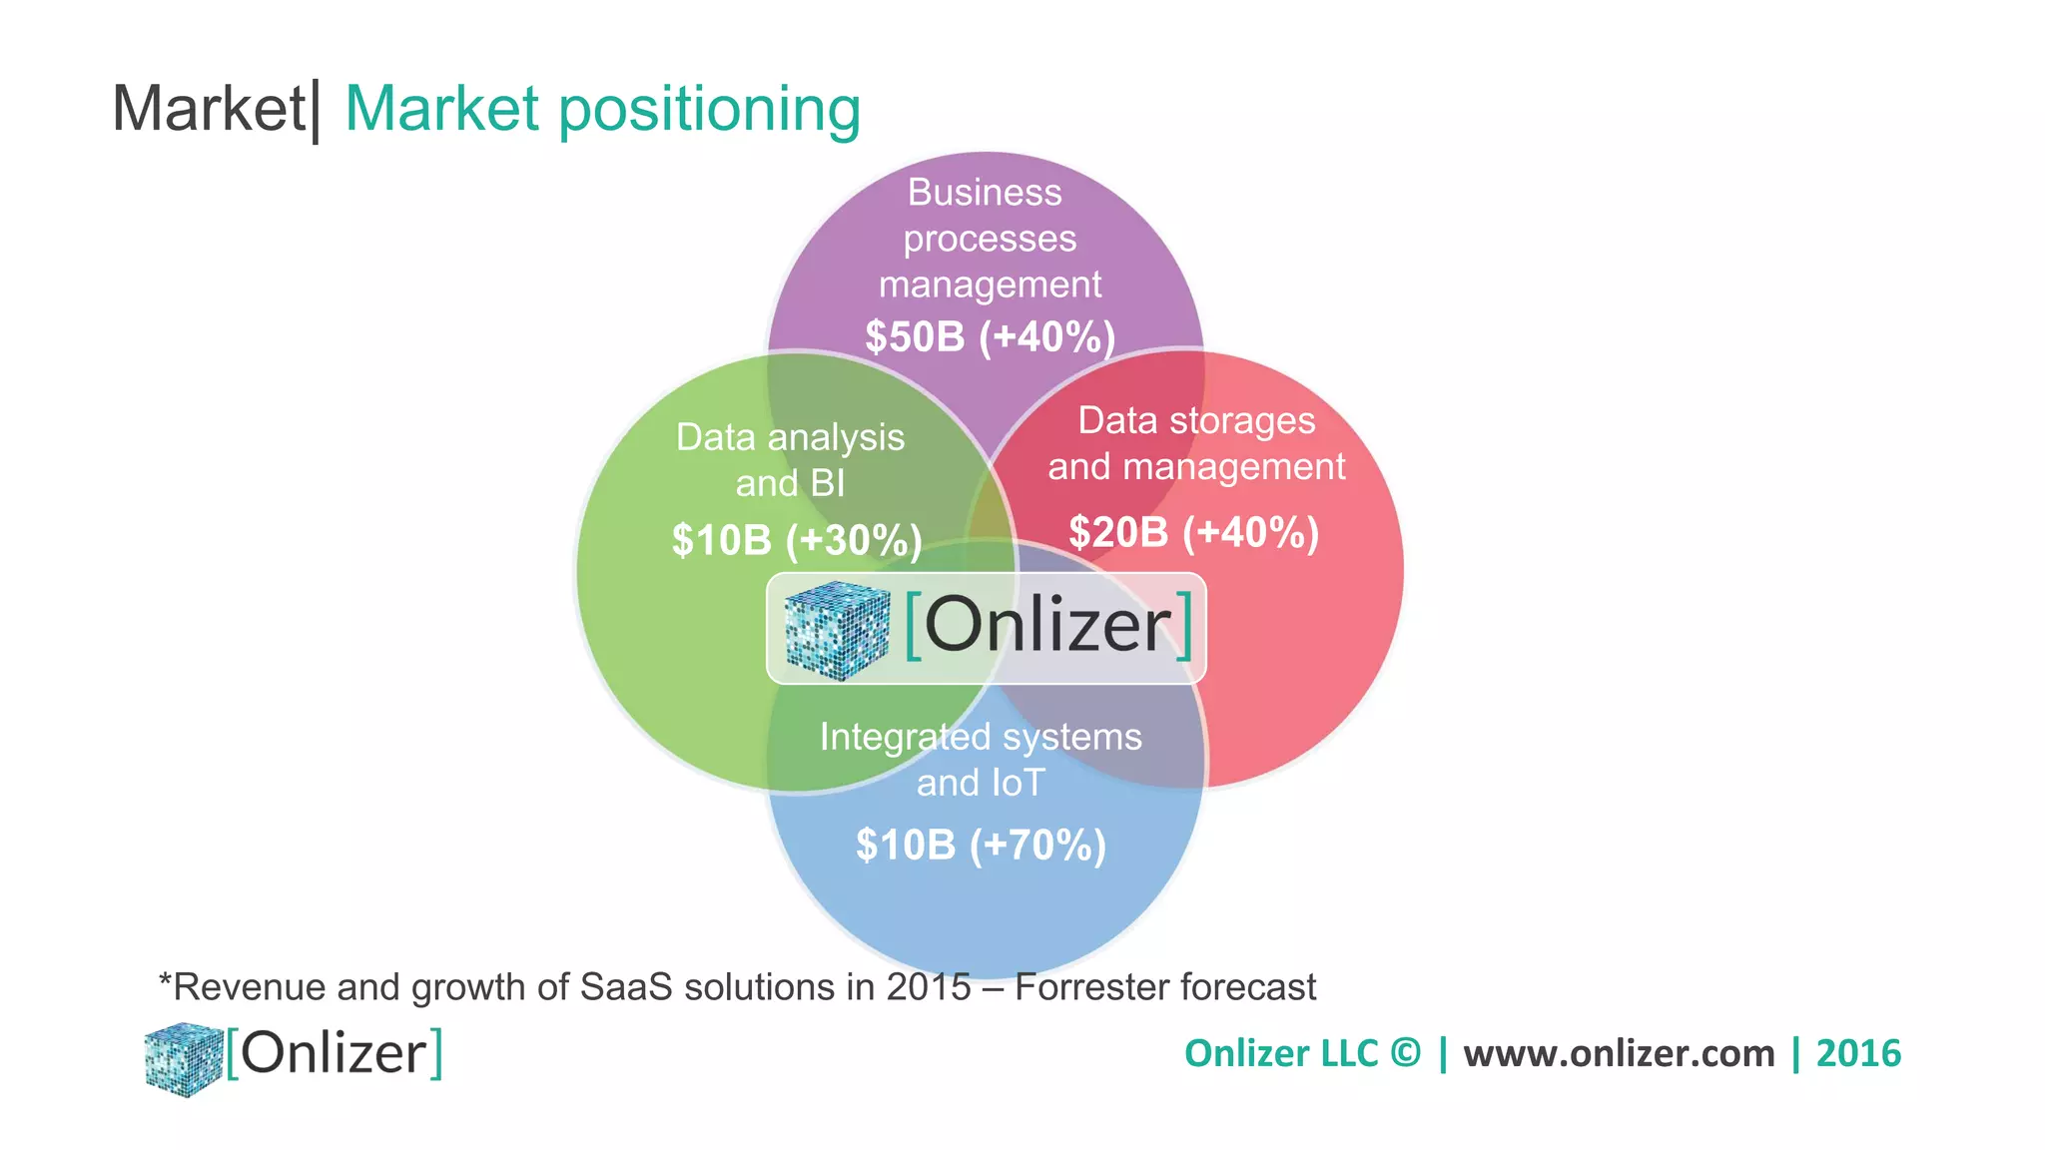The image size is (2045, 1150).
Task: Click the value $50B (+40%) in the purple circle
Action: (990, 337)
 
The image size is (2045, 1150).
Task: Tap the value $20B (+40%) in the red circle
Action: (1193, 532)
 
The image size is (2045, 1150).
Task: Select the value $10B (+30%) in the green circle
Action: (796, 540)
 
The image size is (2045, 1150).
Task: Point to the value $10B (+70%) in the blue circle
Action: (981, 845)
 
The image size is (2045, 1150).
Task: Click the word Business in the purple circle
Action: (985, 192)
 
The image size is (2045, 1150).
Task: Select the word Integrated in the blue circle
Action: (905, 738)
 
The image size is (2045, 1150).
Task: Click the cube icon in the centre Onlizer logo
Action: (836, 629)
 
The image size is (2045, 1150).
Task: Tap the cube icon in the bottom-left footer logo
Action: (183, 1058)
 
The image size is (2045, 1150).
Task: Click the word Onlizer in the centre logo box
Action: (1047, 626)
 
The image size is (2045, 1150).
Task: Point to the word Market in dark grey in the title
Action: (208, 108)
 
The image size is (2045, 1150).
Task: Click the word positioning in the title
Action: (709, 110)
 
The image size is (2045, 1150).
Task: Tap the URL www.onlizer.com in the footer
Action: (1619, 1054)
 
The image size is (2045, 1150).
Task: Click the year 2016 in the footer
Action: (1858, 1054)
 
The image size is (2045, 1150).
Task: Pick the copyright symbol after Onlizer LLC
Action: (1405, 1053)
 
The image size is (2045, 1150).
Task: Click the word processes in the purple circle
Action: (990, 240)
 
